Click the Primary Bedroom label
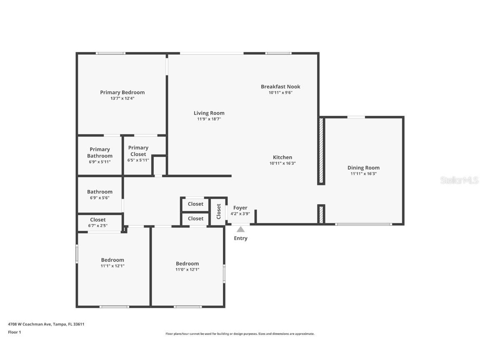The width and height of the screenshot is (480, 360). pos(122,92)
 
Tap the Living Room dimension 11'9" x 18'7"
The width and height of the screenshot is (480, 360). pos(209,119)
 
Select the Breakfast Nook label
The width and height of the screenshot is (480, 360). pos(280,87)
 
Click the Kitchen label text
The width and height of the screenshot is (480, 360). pos(282,157)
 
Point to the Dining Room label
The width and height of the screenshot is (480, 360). pos(363,167)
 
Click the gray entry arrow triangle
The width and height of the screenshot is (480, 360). pos(240,229)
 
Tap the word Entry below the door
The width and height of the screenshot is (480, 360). pos(240,238)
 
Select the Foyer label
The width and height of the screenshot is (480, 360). pos(240,207)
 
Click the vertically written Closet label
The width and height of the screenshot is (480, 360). pos(218,211)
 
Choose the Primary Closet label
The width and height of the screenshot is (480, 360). pos(138,151)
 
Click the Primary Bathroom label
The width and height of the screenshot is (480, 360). pos(100,152)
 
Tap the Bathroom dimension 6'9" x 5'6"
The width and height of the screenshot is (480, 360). pos(100,198)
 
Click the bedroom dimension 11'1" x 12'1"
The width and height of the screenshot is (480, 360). pos(112,266)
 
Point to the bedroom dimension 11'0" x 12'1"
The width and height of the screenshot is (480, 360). pos(187,269)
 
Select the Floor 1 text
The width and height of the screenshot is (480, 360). pos(14,332)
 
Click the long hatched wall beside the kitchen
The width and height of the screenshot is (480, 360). pos(321,151)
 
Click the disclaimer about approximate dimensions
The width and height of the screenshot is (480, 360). pos(240,334)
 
